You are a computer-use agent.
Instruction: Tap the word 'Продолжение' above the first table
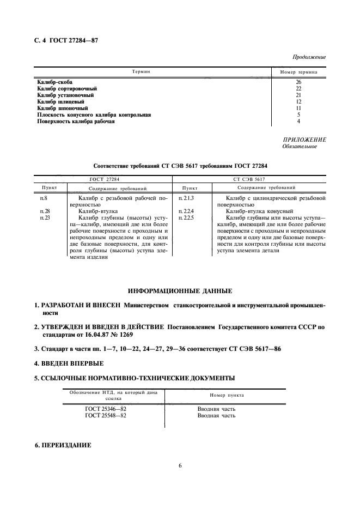pyautogui.click(x=309, y=56)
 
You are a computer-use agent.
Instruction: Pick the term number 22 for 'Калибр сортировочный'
pyautogui.click(x=298, y=88)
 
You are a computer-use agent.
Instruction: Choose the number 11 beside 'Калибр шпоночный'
pyautogui.click(x=298, y=108)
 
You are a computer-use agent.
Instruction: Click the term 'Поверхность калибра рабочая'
pyautogui.click(x=76, y=121)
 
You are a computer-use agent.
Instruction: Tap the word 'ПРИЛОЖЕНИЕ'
pyautogui.click(x=304, y=139)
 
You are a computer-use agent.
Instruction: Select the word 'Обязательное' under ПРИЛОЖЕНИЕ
pyautogui.click(x=299, y=146)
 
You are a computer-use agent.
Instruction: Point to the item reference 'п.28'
pyautogui.click(x=45, y=210)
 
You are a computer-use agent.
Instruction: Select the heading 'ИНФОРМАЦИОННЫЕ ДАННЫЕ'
pyautogui.click(x=180, y=290)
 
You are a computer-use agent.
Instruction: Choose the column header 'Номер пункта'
pyautogui.click(x=227, y=394)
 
